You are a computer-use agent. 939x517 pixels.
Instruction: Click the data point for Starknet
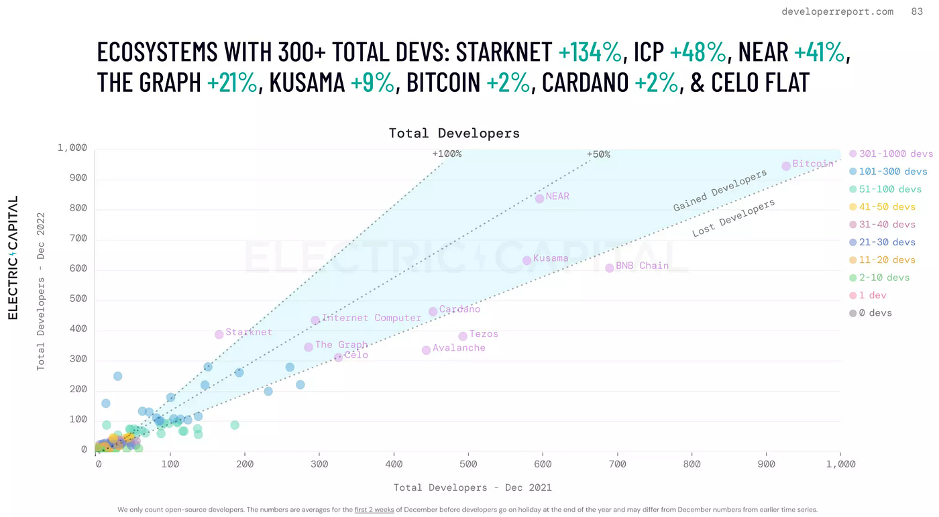pos(219,334)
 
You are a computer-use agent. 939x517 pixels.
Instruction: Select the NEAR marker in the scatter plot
pos(539,198)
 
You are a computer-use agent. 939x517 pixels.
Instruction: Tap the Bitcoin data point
pos(786,166)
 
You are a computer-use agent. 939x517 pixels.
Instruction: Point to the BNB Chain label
pos(642,266)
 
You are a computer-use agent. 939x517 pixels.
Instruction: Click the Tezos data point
pos(463,336)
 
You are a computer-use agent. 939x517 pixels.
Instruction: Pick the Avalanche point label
pos(459,348)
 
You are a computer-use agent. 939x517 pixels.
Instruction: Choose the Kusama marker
pos(527,260)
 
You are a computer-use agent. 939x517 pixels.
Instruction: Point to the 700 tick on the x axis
pos(617,464)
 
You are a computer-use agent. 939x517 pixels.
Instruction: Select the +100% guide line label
pos(447,154)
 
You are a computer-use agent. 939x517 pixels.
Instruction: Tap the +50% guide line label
pos(598,154)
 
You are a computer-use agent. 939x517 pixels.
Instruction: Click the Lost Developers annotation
pos(733,218)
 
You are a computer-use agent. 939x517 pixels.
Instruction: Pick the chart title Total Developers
pos(454,133)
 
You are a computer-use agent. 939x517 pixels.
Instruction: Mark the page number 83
pos(917,11)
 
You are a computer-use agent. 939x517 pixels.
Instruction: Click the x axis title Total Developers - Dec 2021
pos(472,487)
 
